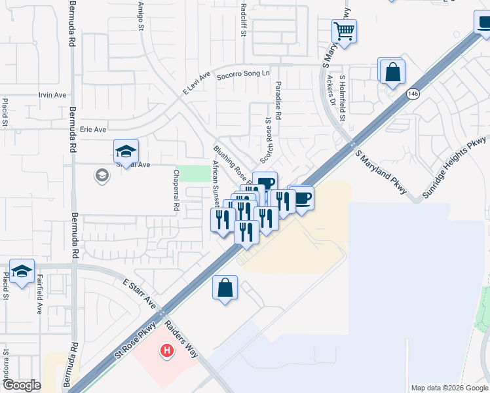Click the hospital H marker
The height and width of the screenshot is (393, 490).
click(167, 352)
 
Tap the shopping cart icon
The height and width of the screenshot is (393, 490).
click(344, 30)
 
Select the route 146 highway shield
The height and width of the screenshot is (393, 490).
click(412, 94)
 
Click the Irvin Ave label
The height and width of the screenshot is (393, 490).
click(52, 95)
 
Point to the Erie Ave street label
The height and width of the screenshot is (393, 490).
click(92, 130)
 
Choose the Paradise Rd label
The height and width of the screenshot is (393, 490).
click(278, 101)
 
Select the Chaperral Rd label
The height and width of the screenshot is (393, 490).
click(176, 189)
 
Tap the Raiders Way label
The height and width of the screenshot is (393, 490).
click(181, 339)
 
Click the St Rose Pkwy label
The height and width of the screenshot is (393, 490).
click(136, 341)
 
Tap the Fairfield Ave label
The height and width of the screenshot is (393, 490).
click(39, 293)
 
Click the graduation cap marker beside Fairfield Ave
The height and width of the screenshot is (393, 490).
click(22, 272)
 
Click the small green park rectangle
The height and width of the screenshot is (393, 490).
click(191, 174)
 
